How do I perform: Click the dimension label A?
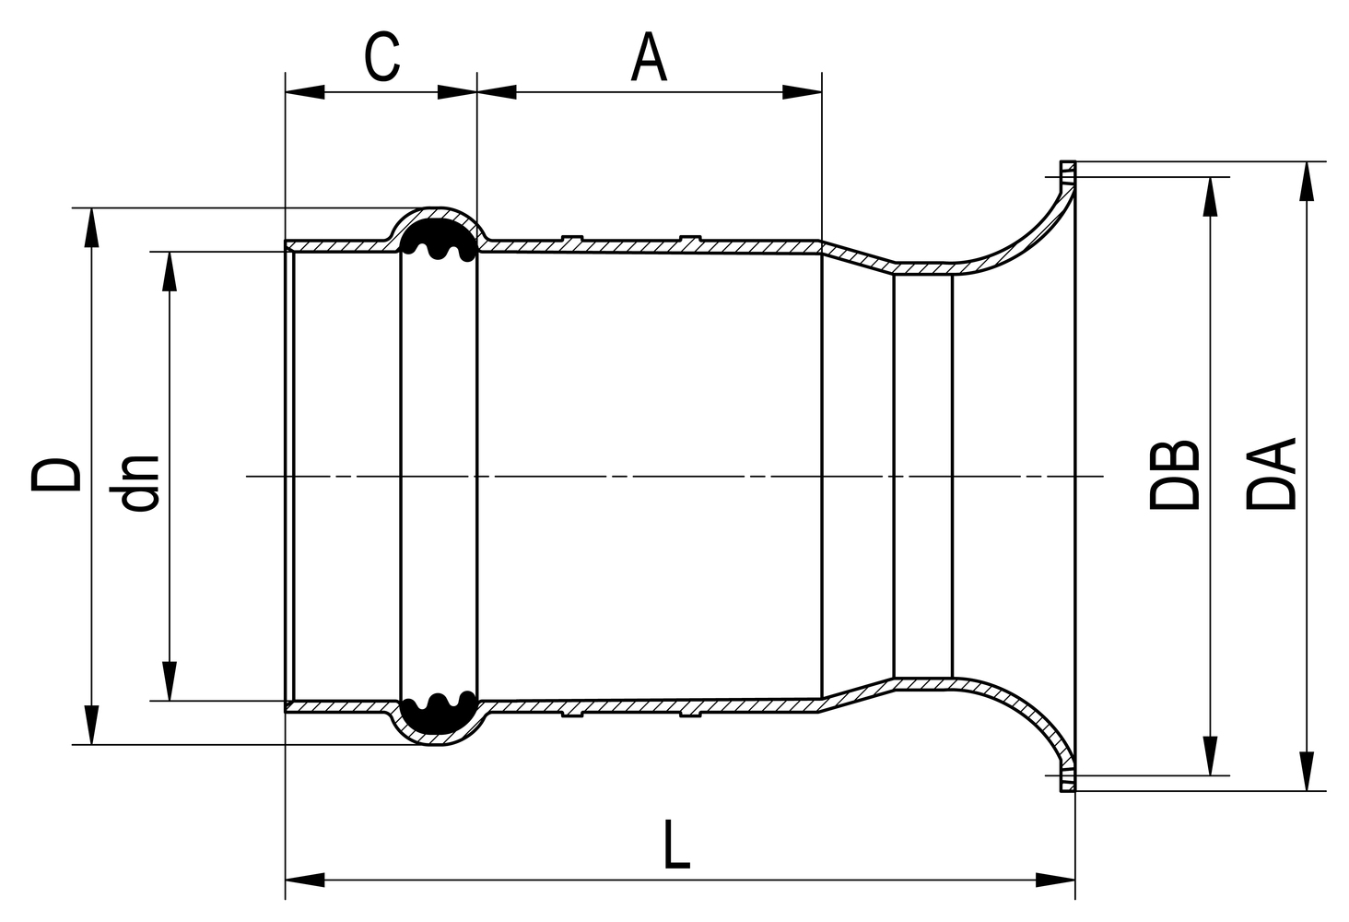click(x=649, y=58)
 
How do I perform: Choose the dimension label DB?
click(x=1175, y=475)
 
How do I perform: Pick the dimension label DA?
click(x=1273, y=475)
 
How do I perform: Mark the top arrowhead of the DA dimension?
click(x=1306, y=181)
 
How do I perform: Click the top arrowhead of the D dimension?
click(x=90, y=227)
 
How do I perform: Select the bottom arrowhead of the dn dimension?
click(x=169, y=681)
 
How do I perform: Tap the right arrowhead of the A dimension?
click(x=801, y=91)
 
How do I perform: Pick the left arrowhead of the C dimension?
click(x=305, y=91)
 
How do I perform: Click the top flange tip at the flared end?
click(x=1067, y=171)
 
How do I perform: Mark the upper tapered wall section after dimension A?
click(x=857, y=255)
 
